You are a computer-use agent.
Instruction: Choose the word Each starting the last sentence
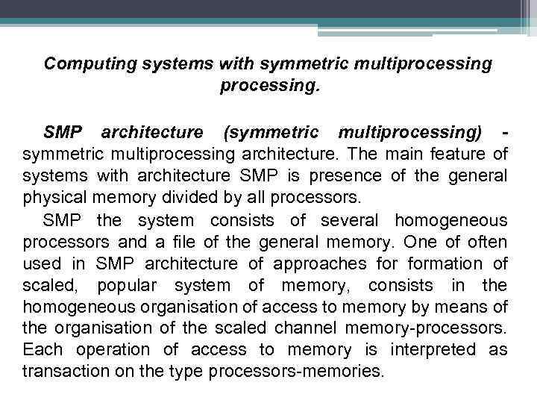click(40, 350)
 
